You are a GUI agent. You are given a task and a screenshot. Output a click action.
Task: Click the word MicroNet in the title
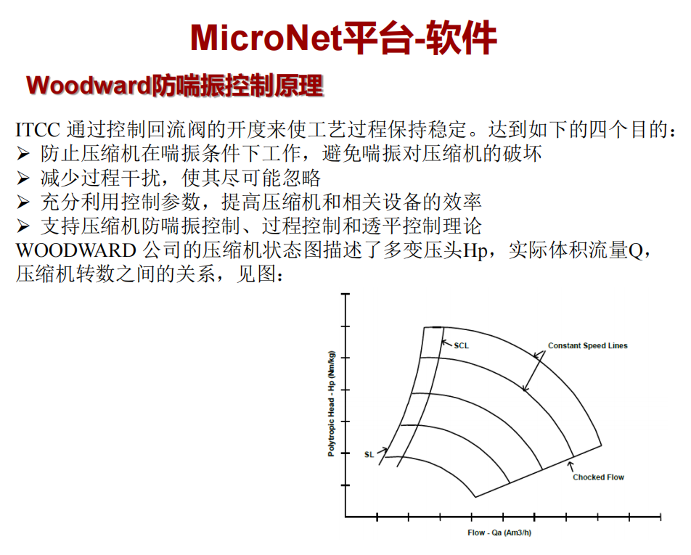pyautogui.click(x=266, y=38)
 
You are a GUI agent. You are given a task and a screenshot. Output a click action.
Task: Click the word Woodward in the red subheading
pyautogui.click(x=89, y=86)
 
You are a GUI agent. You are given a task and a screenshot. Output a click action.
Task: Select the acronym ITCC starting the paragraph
pyautogui.click(x=38, y=130)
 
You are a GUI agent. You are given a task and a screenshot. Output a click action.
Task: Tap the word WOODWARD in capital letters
pyautogui.click(x=75, y=250)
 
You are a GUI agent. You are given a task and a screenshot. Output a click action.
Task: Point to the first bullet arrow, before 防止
pyautogui.click(x=23, y=154)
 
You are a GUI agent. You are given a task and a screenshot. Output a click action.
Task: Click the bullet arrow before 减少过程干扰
pyautogui.click(x=23, y=178)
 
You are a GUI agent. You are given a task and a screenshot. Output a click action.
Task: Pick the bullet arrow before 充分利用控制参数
pyautogui.click(x=23, y=202)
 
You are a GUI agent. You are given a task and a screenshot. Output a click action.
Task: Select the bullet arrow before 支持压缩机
pyautogui.click(x=23, y=226)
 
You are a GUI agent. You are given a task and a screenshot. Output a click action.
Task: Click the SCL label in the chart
pyautogui.click(x=462, y=346)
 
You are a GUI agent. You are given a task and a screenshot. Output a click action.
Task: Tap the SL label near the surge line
pyautogui.click(x=369, y=455)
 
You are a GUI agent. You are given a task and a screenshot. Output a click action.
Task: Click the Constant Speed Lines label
pyautogui.click(x=587, y=346)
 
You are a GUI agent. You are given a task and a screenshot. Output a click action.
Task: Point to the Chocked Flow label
pyautogui.click(x=598, y=477)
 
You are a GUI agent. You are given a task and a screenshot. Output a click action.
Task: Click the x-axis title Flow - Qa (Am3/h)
pyautogui.click(x=499, y=533)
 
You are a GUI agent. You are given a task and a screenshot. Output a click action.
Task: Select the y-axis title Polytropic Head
pyautogui.click(x=332, y=403)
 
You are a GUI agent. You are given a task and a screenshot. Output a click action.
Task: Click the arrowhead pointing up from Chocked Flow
pyautogui.click(x=571, y=464)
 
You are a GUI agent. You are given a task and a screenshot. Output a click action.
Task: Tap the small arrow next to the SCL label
pyautogui.click(x=447, y=343)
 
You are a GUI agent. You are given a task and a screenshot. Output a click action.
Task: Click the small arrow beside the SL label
pyautogui.click(x=382, y=451)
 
